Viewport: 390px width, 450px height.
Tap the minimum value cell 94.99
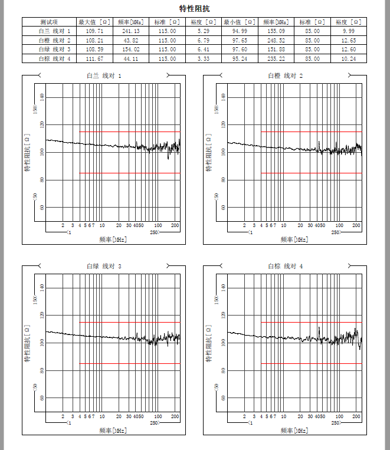tap(240, 31)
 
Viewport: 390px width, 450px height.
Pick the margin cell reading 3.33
tap(204, 59)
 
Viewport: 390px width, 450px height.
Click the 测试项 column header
tap(48, 22)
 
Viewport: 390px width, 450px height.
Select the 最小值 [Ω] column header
tap(240, 22)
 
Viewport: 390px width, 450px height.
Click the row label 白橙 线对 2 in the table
tap(54, 40)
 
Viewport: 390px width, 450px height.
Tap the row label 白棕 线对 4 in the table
tap(54, 59)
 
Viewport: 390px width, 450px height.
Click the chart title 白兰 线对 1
tap(104, 76)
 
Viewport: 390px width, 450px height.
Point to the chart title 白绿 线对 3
tap(104, 267)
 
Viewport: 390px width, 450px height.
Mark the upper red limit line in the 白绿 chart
tap(130, 322)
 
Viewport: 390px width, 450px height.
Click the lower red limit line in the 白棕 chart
tap(311, 363)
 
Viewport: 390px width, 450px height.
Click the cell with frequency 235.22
tap(276, 59)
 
